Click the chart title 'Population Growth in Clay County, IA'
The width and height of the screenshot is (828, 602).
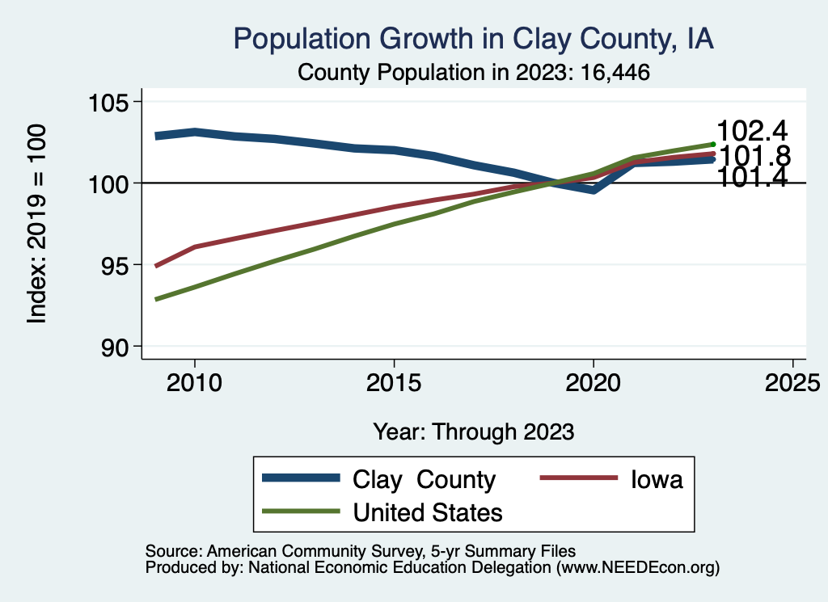(x=473, y=39)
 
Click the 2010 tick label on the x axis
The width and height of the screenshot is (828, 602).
(x=195, y=381)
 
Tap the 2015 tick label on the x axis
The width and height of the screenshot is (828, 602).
(x=394, y=381)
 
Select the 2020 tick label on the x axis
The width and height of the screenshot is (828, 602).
(x=594, y=381)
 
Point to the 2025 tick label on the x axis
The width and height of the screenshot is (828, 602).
(x=792, y=381)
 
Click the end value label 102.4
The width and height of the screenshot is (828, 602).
(x=752, y=131)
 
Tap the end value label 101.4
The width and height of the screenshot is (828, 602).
(x=752, y=178)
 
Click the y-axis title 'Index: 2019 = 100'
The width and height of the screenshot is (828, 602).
(x=37, y=224)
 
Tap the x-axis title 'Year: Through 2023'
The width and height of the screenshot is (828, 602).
(x=473, y=431)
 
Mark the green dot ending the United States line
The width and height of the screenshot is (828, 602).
(x=712, y=144)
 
